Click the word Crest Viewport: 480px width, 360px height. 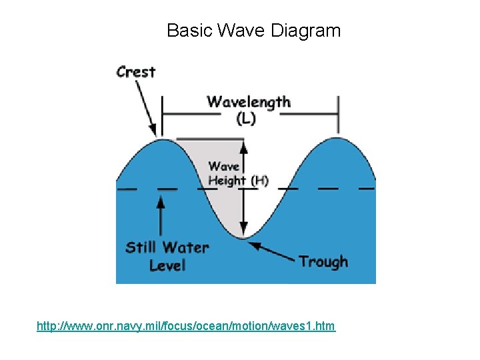coord(135,71)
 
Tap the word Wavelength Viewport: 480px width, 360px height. coord(249,102)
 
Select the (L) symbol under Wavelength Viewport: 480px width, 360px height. coord(245,119)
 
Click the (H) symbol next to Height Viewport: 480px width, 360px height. coord(259,180)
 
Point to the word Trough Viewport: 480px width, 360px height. coord(323,261)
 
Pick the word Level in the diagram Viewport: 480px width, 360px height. coord(167,265)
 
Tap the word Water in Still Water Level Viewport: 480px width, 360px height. coord(185,247)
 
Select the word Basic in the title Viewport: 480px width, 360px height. coord(185,31)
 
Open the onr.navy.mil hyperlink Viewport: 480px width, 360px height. coord(186,326)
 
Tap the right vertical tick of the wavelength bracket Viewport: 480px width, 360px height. coord(338,113)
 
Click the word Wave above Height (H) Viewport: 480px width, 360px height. coord(224,167)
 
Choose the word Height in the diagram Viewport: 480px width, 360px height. coord(227,180)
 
